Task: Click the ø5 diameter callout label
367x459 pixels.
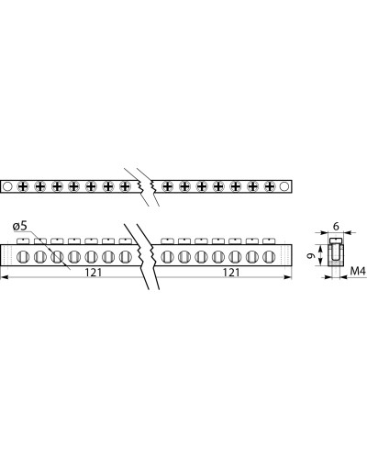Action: pos(20,227)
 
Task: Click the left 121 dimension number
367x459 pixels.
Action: pos(93,272)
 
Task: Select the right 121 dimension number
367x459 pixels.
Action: pos(231,272)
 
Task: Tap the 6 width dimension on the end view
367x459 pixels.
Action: pos(336,227)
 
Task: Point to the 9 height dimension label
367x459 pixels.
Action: pos(310,256)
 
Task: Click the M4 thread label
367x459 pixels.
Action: pos(358,271)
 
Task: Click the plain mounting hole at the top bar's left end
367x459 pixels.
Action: pos(7,186)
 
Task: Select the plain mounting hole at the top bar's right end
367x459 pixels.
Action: pos(284,186)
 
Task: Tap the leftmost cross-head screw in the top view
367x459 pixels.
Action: pos(23,186)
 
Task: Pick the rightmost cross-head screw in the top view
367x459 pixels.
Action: pos(270,186)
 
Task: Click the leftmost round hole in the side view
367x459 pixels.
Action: pos(23,256)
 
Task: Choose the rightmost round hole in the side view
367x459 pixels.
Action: pos(269,256)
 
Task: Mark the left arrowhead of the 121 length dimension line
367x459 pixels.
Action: pos(5,277)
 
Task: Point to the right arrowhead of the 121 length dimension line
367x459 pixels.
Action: pos(288,277)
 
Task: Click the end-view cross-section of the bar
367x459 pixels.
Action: pos(336,252)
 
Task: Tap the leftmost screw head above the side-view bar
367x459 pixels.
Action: pos(23,241)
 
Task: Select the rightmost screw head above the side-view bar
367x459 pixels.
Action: pos(269,241)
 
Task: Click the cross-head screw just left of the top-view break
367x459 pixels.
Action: pos(125,186)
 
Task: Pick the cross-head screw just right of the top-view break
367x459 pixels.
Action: pos(167,186)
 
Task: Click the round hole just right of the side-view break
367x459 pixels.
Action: pos(167,256)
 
